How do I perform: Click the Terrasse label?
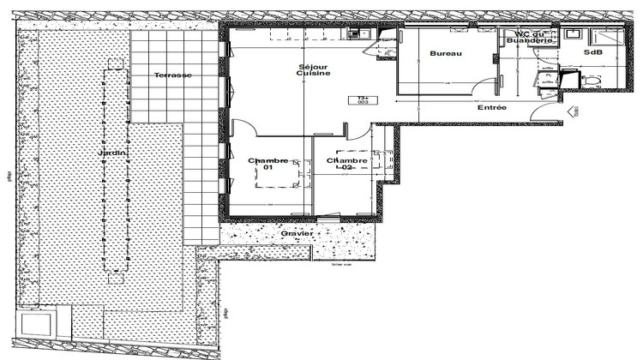coord(172,75)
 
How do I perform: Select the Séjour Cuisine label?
coord(309,71)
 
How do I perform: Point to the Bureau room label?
coord(445,54)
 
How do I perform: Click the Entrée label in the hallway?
coord(493,107)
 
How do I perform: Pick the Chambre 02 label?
coord(347,165)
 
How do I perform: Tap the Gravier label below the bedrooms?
coord(296,234)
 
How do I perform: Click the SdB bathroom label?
coord(593,52)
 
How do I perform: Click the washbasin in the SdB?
coord(572,35)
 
